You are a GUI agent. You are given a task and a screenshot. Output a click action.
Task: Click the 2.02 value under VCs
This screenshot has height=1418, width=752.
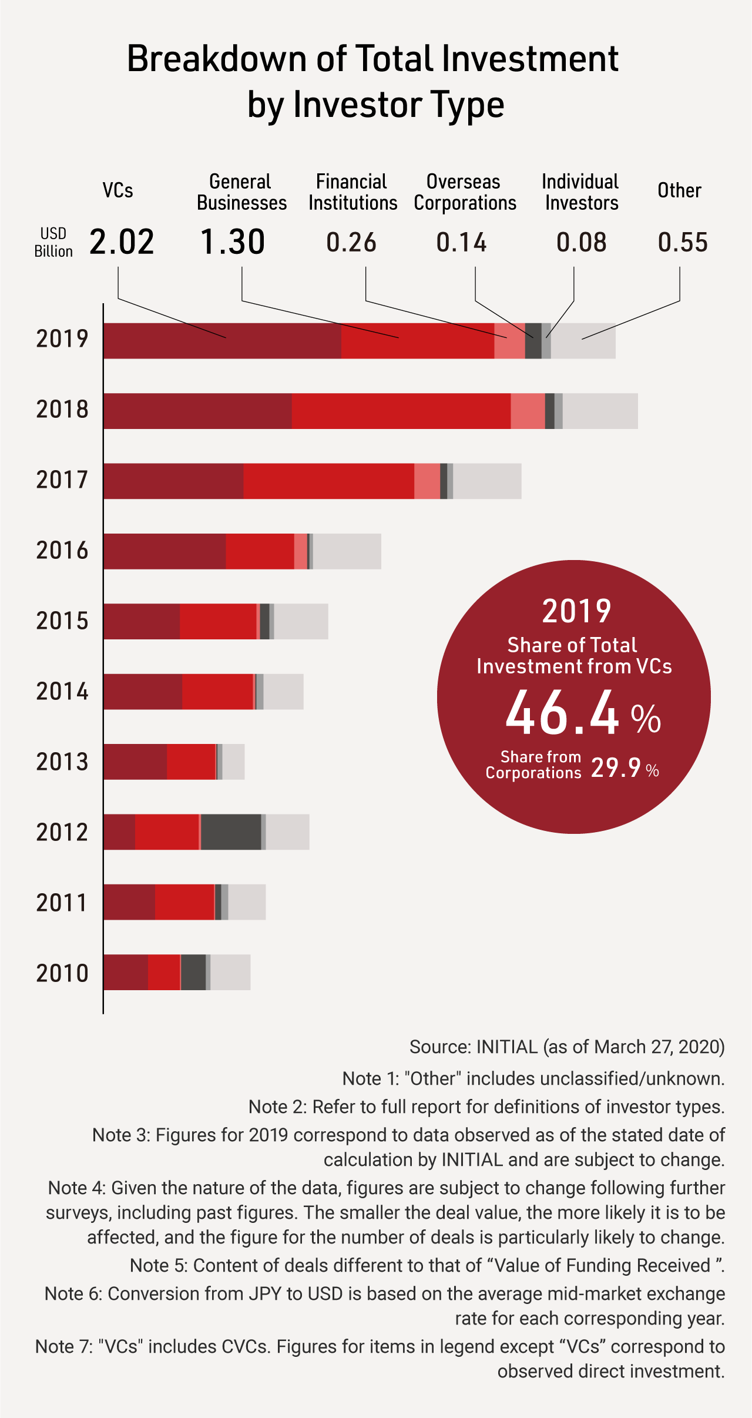122,242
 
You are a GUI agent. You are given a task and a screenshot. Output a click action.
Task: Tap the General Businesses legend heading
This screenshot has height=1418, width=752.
241,192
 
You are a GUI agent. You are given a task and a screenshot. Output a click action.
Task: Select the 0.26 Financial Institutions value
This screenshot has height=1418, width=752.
351,242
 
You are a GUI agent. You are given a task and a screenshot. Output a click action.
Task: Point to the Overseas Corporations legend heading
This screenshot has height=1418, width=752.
465,192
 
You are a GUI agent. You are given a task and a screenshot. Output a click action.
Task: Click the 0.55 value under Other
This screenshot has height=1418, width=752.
683,242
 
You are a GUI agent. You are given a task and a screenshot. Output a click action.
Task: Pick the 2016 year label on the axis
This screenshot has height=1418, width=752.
62,551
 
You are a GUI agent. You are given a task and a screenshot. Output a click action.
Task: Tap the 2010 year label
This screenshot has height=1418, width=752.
62,973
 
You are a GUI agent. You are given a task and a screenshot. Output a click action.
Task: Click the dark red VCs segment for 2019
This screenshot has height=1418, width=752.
222,341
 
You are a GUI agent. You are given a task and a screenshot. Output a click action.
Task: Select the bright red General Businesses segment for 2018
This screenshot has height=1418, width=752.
401,411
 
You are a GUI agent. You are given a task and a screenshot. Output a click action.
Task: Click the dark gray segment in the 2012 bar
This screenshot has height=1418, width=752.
231,832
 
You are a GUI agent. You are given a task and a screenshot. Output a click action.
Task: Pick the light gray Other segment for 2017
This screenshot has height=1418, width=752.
487,481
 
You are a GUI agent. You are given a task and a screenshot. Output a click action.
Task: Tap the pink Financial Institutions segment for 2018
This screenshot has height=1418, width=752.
528,411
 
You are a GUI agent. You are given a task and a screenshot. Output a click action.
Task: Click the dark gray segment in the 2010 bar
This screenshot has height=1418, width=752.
193,973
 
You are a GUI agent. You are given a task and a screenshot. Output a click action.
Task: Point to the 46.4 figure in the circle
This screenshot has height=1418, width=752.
562,713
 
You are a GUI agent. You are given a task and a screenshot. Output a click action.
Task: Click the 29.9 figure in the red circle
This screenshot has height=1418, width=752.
616,767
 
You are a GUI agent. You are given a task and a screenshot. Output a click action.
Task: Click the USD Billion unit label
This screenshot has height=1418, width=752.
53,242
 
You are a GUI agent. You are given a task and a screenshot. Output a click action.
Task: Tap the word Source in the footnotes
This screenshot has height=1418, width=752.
439,1047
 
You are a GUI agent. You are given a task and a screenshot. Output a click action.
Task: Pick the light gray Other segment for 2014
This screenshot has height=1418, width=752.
283,692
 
